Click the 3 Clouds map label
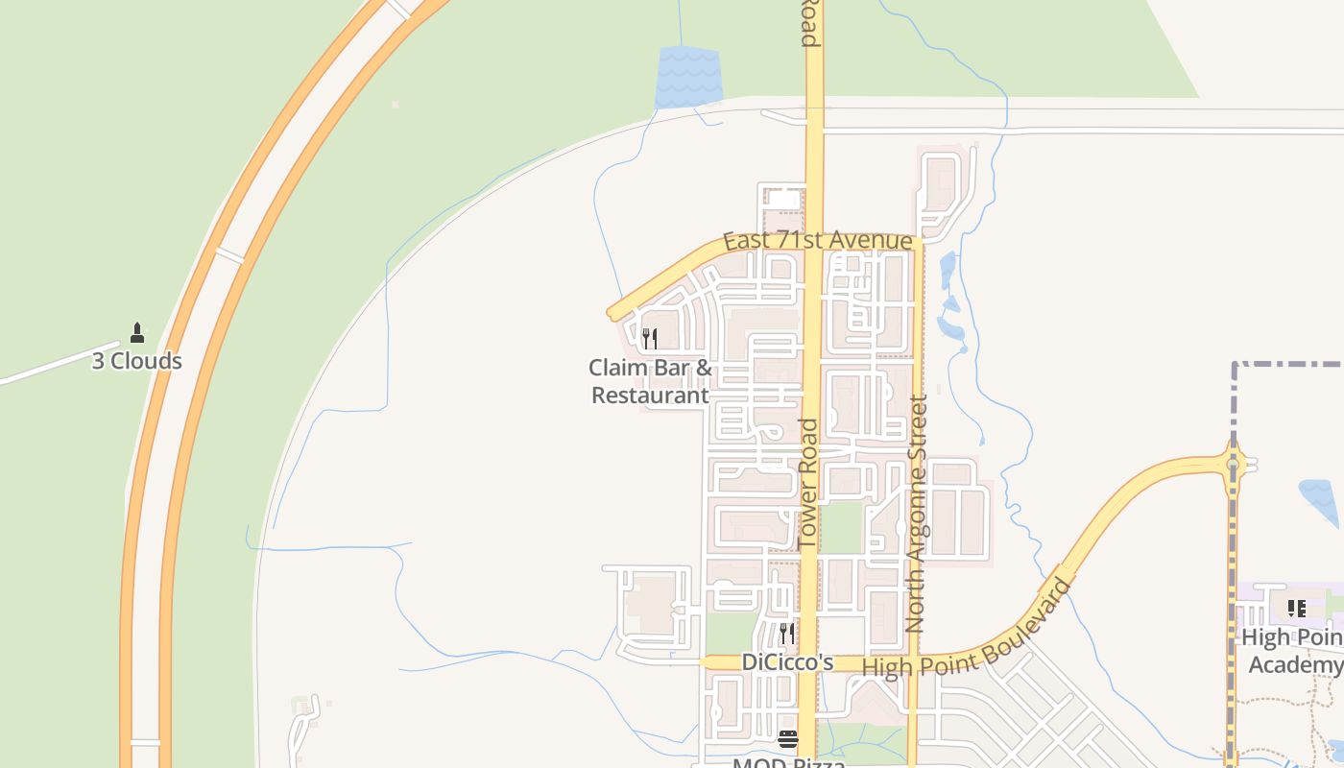(x=136, y=361)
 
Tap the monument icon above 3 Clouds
(x=137, y=333)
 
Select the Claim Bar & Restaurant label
(x=650, y=381)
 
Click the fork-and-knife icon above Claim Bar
(x=650, y=339)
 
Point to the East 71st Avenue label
(x=817, y=240)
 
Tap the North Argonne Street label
(x=916, y=514)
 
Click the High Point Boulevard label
(x=967, y=629)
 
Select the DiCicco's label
(x=787, y=662)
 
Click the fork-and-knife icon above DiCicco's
(x=787, y=634)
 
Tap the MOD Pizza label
(x=788, y=762)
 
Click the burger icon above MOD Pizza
(x=788, y=738)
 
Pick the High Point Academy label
(x=1292, y=651)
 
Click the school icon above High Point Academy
(x=1296, y=608)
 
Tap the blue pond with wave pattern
(x=688, y=77)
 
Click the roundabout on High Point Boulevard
(x=1233, y=465)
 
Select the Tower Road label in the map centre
(x=808, y=485)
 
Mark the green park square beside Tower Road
(x=843, y=528)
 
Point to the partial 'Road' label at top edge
(x=810, y=23)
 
